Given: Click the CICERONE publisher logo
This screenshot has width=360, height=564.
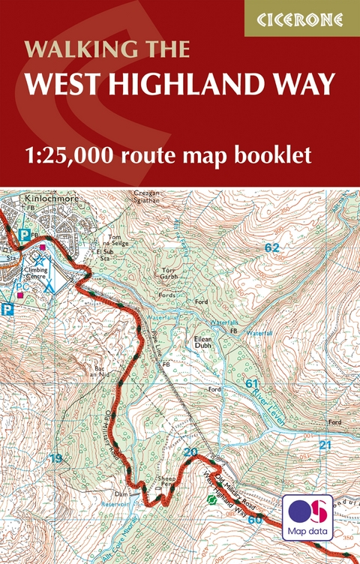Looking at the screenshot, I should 301,18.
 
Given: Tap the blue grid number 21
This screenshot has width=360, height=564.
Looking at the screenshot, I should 324,445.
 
